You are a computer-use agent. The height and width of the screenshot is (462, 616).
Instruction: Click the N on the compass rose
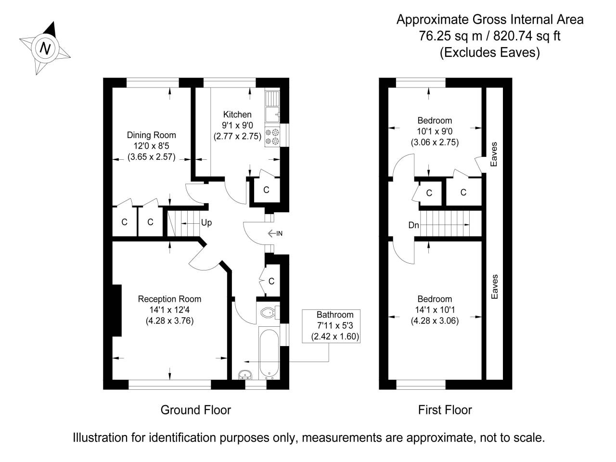pos(46,48)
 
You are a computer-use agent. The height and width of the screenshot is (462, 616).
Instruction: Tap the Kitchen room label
pos(237,115)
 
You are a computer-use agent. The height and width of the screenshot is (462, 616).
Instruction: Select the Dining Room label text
pos(151,135)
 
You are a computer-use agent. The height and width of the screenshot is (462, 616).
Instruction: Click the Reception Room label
pos(169,299)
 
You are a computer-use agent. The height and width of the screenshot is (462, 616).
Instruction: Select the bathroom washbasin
pos(245,374)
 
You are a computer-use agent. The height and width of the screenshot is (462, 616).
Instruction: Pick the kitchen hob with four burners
pos(272,136)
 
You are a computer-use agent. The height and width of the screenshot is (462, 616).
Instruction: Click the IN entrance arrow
pos(275,233)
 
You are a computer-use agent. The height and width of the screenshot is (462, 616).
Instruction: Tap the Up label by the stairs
pos(206,223)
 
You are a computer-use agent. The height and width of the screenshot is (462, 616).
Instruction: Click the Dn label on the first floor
pos(413,225)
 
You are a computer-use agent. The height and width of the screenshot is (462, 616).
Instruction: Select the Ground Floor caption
pos(195,410)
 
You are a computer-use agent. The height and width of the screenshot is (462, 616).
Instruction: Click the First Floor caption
pos(445,410)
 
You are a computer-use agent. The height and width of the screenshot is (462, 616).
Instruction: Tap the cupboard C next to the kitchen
pos(266,190)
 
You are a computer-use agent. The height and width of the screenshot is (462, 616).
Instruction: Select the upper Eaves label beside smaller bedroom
pos(494,154)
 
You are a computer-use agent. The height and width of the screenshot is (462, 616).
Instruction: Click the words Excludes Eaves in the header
pos(490,52)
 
